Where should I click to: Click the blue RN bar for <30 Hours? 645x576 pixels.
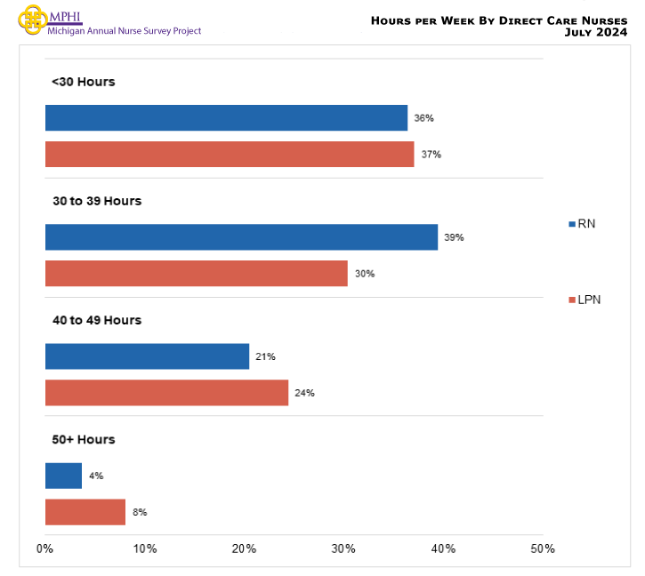pos(226,118)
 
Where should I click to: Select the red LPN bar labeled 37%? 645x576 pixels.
pos(230,155)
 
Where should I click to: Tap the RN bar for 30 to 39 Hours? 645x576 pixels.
pos(241,237)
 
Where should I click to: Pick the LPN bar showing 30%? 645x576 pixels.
pos(196,274)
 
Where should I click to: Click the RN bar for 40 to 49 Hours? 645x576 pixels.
pos(147,356)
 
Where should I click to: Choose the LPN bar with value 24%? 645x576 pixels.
pos(166,393)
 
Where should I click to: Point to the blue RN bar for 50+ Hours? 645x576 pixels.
pos(63,476)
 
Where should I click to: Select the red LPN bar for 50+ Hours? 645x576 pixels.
pos(85,512)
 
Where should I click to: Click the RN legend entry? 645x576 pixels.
pos(582,224)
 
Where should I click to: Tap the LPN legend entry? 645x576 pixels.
pos(585,300)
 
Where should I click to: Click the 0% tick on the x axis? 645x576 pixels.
pos(45,548)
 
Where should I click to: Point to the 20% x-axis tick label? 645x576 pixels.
pos(245,548)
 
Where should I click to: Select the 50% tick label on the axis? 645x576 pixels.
pos(543,548)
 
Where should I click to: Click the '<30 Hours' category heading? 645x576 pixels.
pos(83,82)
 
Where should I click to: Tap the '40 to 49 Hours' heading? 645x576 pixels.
pos(96,320)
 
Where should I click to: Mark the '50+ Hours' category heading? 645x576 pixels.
pos(83,439)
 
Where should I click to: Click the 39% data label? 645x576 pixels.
pos(455,237)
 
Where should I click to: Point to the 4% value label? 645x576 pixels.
pos(96,476)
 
